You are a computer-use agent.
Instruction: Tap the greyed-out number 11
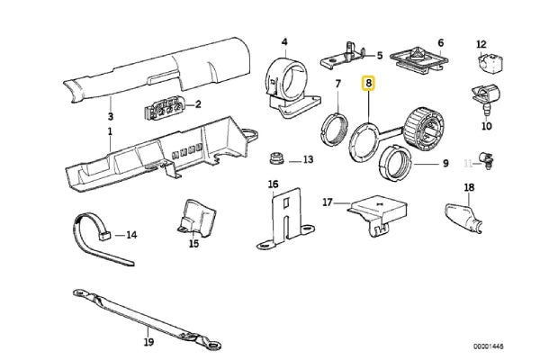[x=467, y=162]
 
